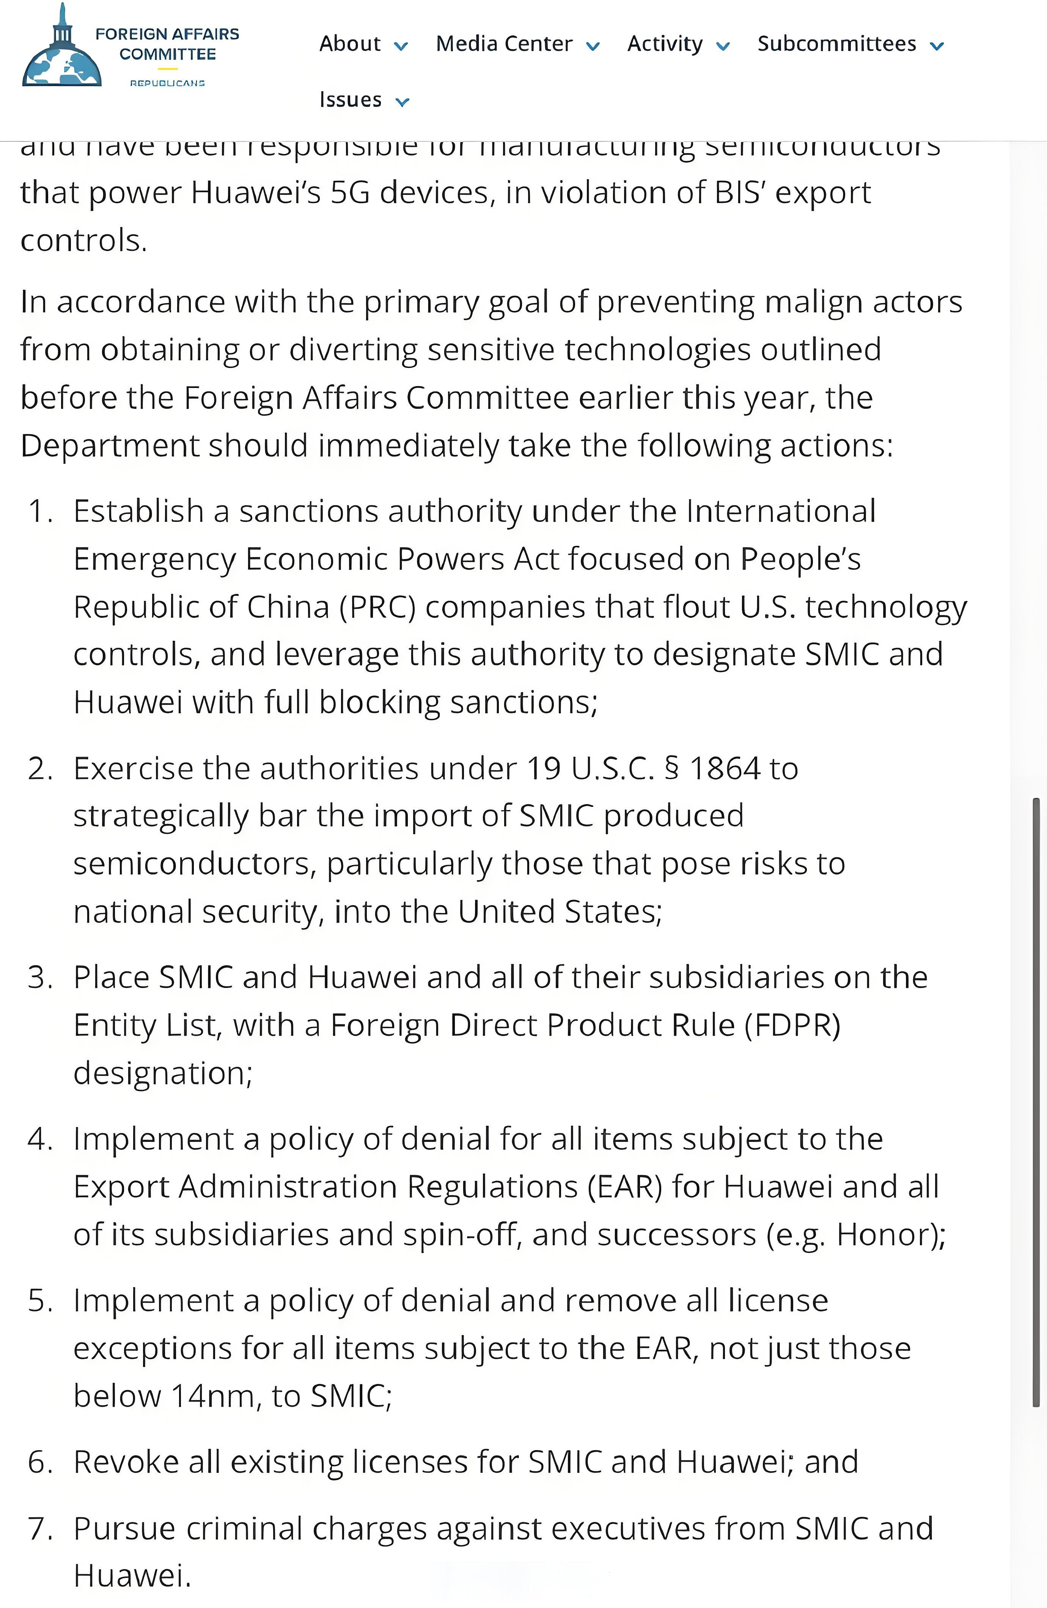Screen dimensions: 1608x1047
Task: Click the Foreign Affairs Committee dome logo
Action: pos(62,49)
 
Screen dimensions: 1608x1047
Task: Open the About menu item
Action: pos(350,44)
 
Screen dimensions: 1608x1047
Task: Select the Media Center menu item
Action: pos(504,44)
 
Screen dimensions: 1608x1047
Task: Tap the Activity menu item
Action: pos(665,44)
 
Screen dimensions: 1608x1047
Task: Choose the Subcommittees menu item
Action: pos(837,44)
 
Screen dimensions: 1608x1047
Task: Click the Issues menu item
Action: pos(351,100)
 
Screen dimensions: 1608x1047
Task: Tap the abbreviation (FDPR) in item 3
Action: pos(792,1025)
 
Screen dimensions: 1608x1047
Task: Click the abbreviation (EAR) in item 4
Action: pos(624,1186)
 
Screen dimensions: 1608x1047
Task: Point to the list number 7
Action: pos(39,1528)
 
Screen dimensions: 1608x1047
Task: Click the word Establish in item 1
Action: pos(138,512)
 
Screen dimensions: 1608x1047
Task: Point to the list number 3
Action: pos(39,978)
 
